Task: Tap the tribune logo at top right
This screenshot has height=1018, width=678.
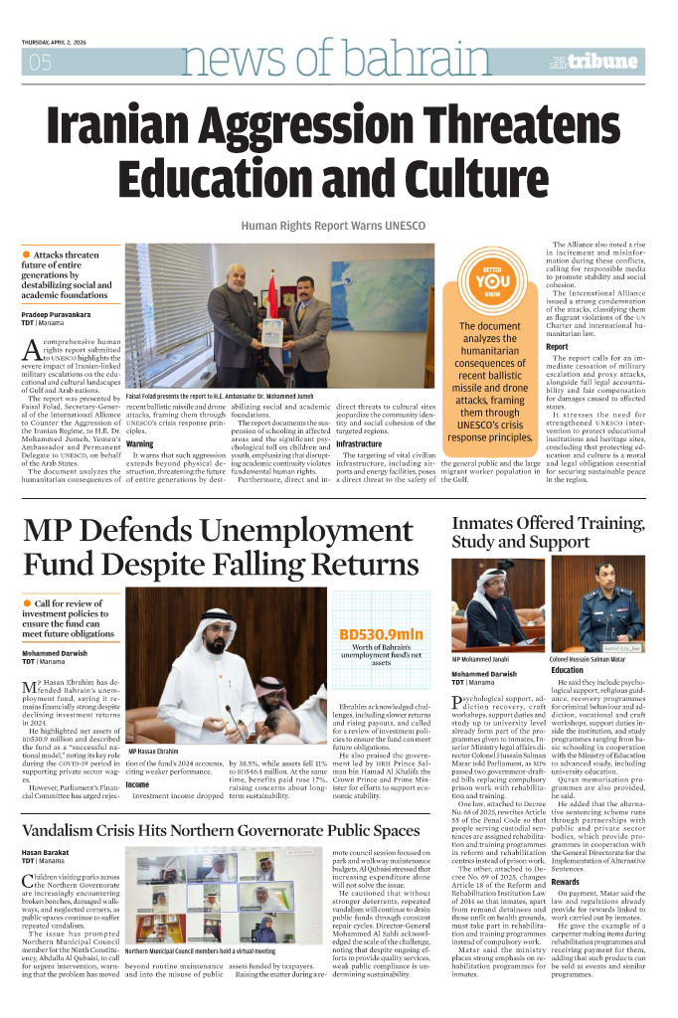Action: [605, 63]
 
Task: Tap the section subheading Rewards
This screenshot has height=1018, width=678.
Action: [566, 881]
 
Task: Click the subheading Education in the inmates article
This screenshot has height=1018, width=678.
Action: [568, 670]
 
